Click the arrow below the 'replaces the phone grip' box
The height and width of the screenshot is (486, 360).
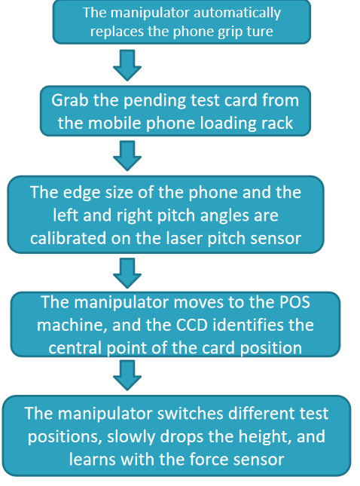point(127,65)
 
